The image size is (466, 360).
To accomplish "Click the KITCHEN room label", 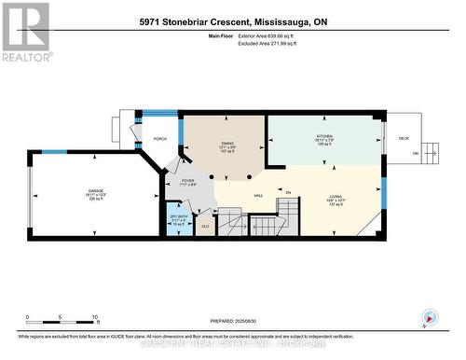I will [x=323, y=136].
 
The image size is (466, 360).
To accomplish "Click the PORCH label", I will [x=159, y=140].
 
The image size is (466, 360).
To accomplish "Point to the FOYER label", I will [x=186, y=180].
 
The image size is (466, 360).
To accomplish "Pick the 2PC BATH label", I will [x=178, y=218].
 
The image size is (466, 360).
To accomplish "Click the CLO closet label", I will [x=205, y=226].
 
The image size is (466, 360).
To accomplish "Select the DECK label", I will [x=403, y=138].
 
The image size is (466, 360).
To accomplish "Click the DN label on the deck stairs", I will [x=429, y=154].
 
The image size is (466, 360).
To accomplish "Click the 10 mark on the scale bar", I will [x=95, y=317].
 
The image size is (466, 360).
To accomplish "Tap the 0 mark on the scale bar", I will [x=27, y=317].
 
